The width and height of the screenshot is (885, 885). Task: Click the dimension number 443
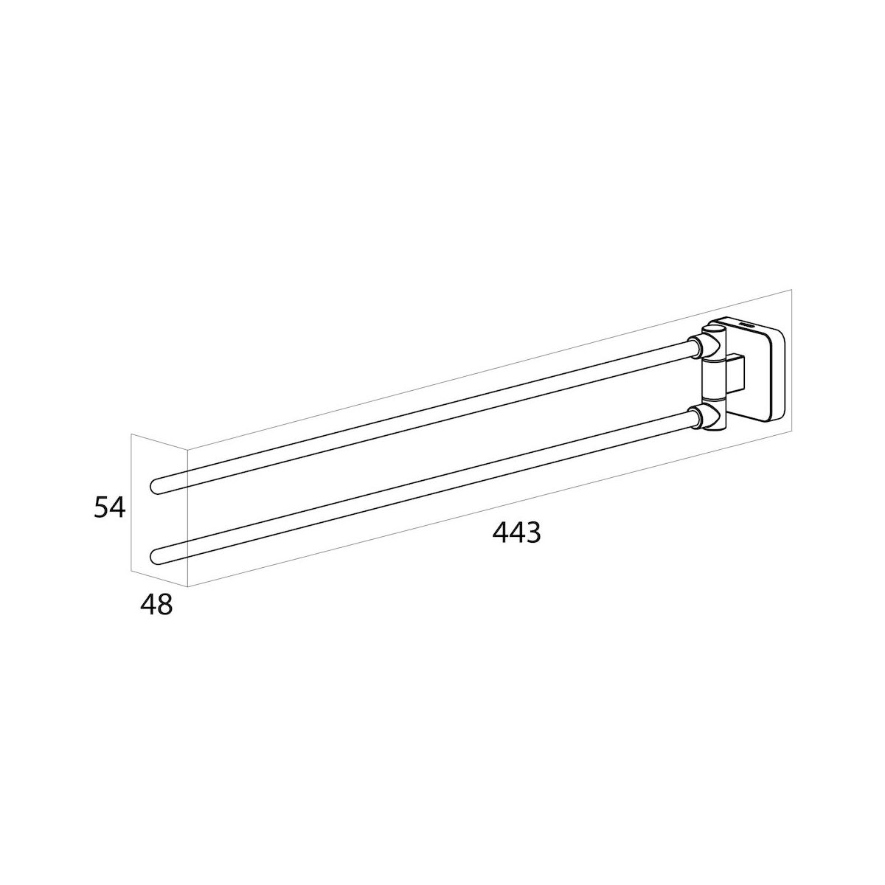point(516,532)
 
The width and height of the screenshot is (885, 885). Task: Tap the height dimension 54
point(109,507)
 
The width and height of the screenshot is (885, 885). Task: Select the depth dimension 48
point(156,605)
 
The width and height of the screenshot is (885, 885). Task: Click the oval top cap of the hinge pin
point(713,329)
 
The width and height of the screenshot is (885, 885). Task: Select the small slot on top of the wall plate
point(747,325)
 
